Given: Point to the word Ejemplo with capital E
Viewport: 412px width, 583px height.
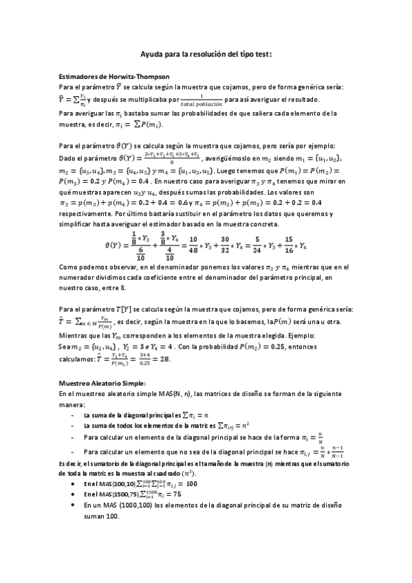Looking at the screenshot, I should click(x=334, y=335).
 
